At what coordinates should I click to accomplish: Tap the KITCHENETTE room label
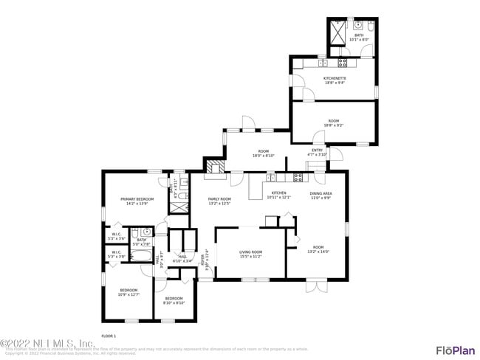[x=335, y=78]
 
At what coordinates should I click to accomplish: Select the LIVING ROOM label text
[x=250, y=252]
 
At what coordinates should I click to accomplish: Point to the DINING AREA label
[x=320, y=193]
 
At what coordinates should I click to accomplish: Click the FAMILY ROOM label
[x=219, y=199]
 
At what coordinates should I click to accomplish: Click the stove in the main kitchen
[x=299, y=177]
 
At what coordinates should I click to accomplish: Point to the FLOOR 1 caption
[x=109, y=336]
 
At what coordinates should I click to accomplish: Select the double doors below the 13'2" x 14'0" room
[x=316, y=284]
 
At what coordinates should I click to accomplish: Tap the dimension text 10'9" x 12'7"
[x=128, y=294]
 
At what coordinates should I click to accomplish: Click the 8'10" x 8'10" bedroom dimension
[x=174, y=302]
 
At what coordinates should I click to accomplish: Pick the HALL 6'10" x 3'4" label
[x=182, y=258]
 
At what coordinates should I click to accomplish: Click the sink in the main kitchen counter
[x=271, y=177]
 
